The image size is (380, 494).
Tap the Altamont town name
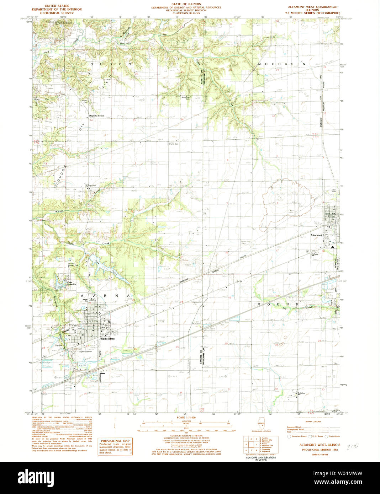click(316, 235)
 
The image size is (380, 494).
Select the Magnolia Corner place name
click(96, 116)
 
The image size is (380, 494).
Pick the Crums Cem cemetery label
click(174, 144)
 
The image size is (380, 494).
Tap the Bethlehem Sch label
click(302, 393)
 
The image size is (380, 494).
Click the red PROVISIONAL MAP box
click(115, 447)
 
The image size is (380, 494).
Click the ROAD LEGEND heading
click(313, 421)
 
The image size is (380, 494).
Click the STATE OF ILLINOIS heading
click(186, 4)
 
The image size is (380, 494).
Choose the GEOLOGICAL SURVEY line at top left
click(57, 13)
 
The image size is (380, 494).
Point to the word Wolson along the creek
click(59, 211)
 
